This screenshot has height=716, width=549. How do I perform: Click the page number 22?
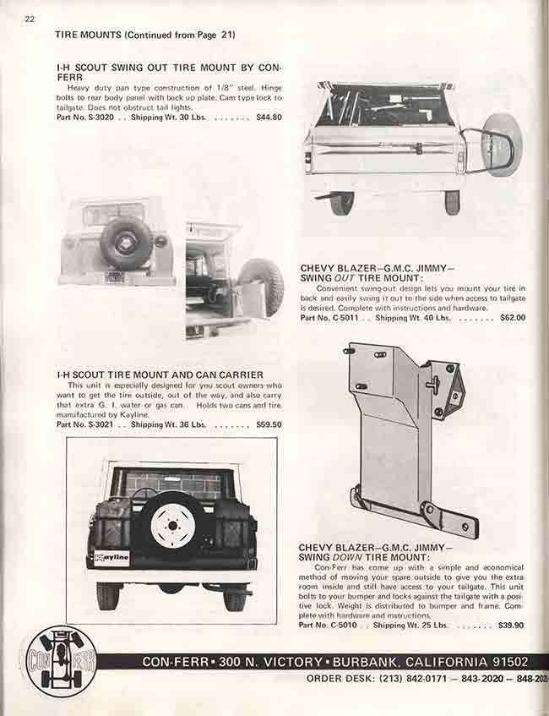30,19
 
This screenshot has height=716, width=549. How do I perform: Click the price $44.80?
269,117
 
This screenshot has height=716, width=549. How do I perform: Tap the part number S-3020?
95,117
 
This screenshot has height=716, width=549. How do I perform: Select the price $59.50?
269,424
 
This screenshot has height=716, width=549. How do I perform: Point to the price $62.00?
512,318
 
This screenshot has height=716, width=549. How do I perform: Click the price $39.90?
511,626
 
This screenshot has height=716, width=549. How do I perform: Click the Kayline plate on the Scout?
112,558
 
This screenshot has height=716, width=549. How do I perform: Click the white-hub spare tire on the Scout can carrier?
172,524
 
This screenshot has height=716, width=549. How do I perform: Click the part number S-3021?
95,424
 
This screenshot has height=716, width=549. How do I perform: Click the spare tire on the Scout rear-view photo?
126,243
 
